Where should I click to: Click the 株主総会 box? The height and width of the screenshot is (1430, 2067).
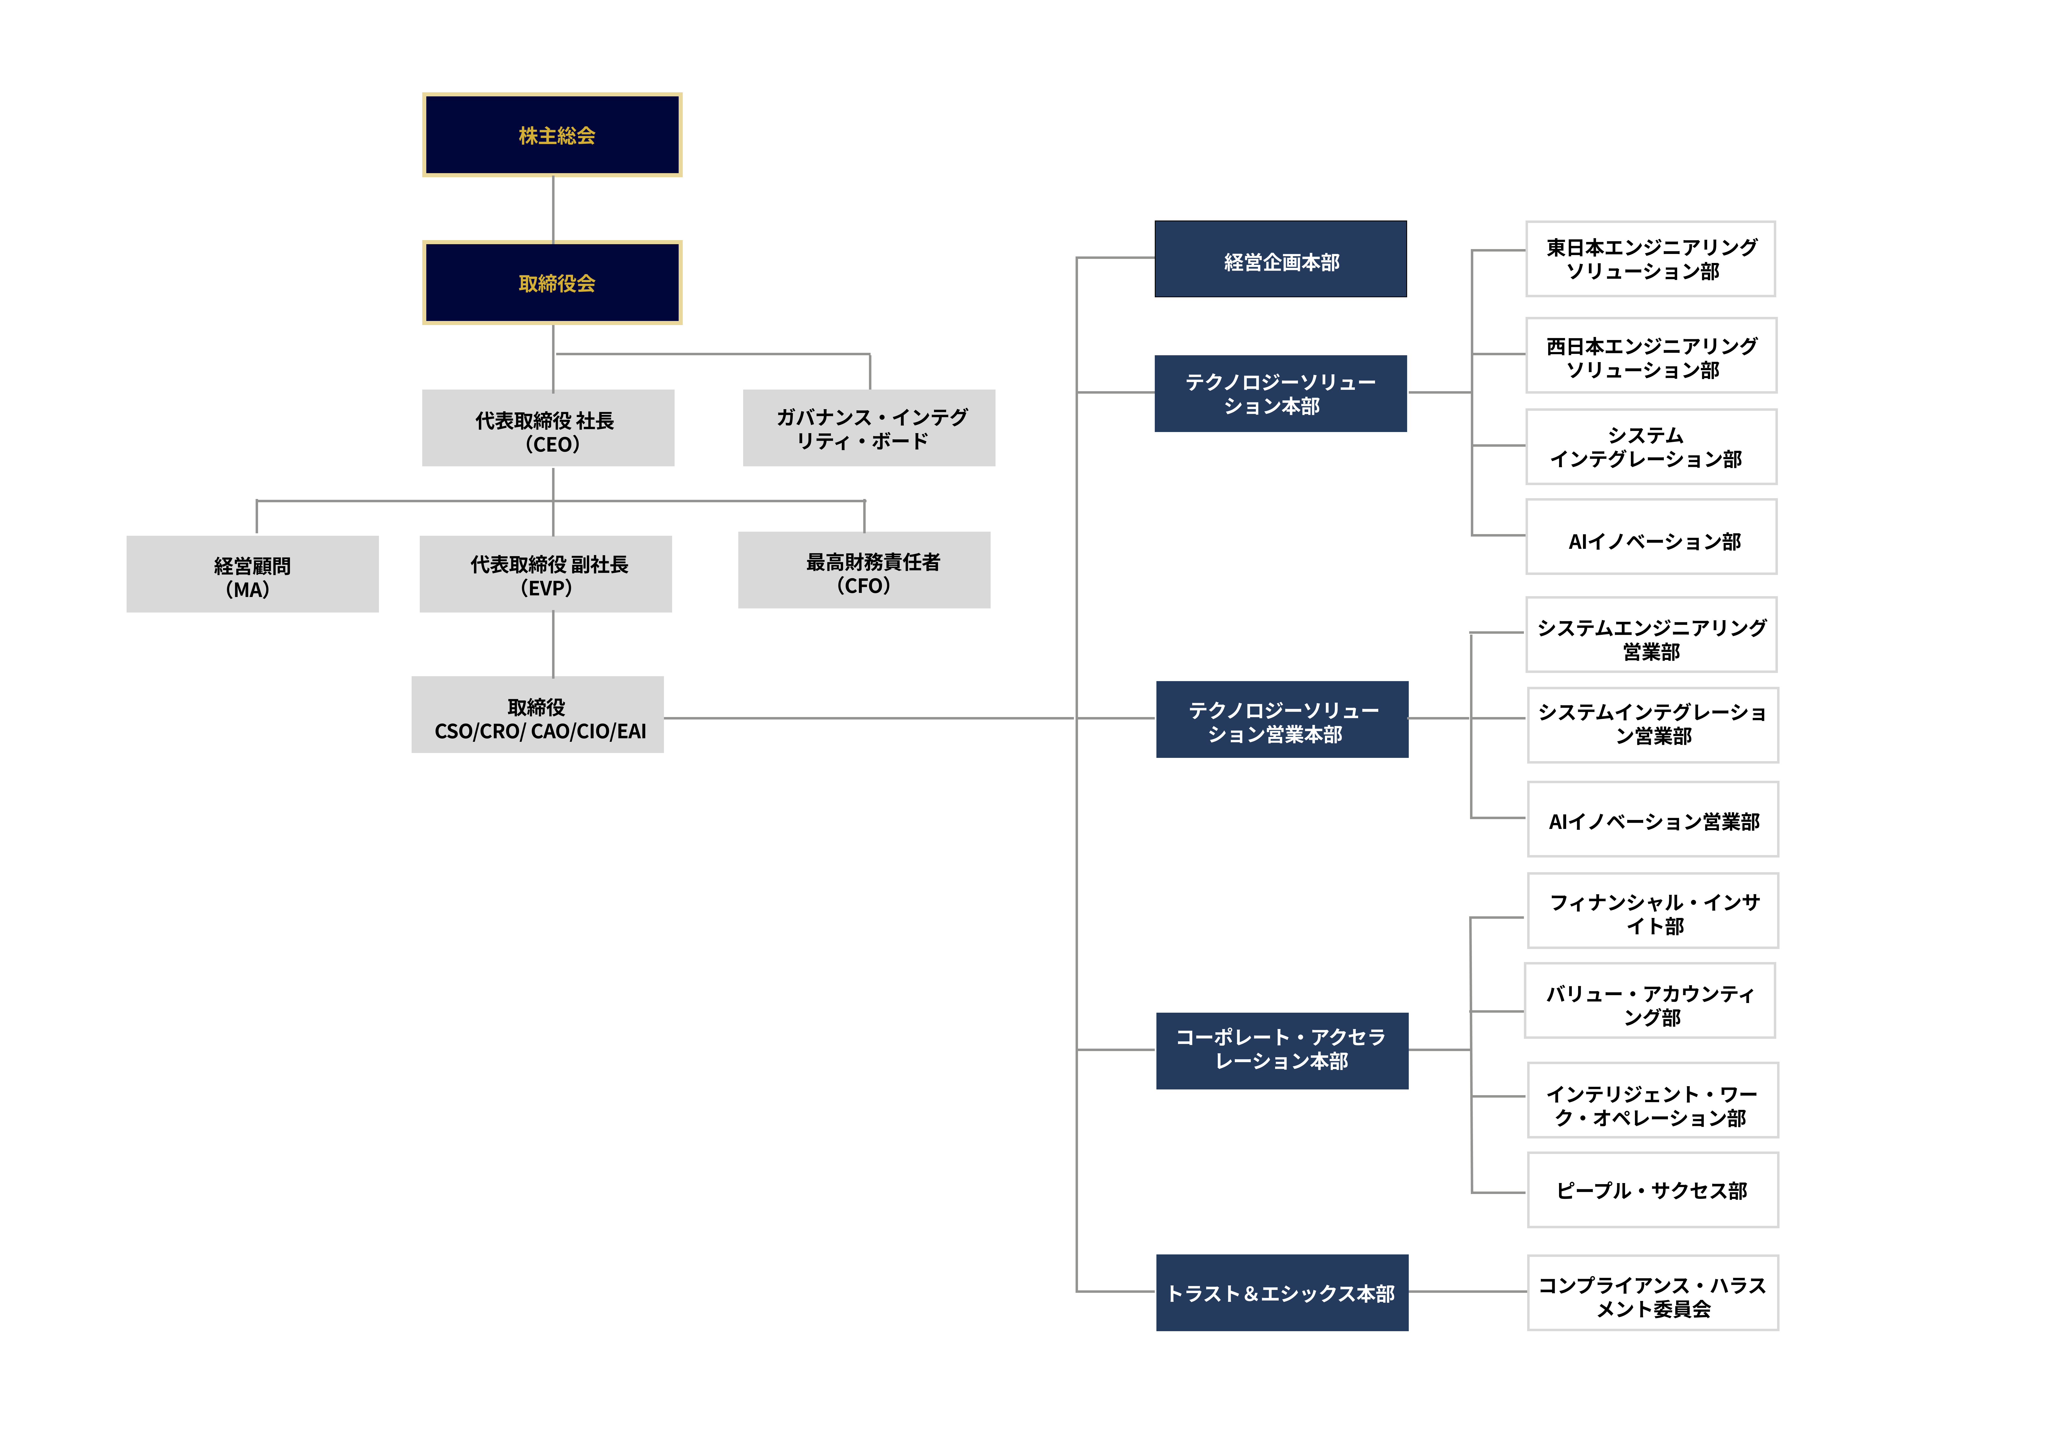click(x=552, y=135)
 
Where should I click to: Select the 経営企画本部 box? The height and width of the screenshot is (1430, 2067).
click(x=1280, y=259)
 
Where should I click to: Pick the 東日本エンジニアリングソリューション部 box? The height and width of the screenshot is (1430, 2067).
click(x=1650, y=259)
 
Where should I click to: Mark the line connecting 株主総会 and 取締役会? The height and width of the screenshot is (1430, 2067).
click(x=553, y=209)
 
